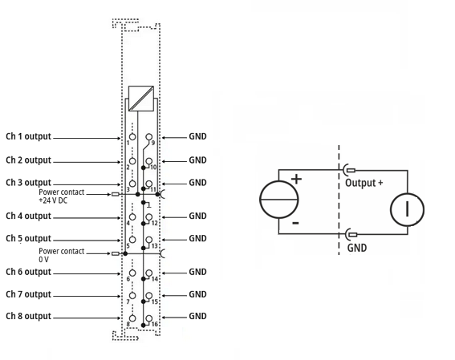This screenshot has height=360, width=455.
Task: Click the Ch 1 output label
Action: click(x=28, y=136)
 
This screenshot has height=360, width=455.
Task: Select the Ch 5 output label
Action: click(x=28, y=238)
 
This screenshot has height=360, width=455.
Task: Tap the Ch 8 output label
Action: click(x=28, y=316)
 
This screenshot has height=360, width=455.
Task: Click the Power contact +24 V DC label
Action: click(x=61, y=196)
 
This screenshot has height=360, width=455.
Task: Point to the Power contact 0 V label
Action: click(x=61, y=255)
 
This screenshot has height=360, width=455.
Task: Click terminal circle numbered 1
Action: click(x=132, y=137)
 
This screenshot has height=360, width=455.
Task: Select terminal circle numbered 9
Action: click(x=149, y=137)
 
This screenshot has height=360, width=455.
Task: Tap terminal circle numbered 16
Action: click(x=149, y=318)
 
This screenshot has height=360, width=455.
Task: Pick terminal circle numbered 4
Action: click(x=132, y=216)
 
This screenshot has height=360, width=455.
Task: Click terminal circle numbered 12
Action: click(x=149, y=216)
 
